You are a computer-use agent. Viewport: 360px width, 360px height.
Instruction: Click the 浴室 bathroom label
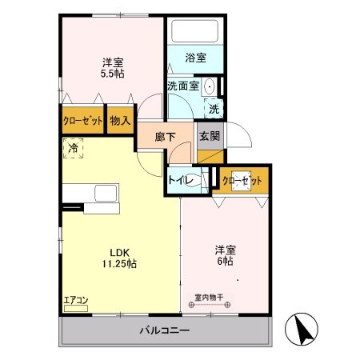[196, 58]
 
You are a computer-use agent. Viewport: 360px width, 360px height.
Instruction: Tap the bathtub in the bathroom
[196, 32]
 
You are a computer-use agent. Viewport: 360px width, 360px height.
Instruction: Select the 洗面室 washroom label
[183, 86]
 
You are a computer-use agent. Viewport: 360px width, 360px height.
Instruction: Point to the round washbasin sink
[210, 86]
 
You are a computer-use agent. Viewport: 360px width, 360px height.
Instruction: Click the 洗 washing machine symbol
[214, 108]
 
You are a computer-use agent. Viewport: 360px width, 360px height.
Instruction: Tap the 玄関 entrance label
[210, 136]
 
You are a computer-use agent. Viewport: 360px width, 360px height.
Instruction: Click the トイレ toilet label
[178, 181]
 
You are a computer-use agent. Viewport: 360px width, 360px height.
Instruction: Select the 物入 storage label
[121, 121]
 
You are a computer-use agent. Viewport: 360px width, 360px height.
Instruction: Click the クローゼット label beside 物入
[82, 121]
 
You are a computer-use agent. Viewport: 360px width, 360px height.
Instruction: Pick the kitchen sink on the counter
[106, 194]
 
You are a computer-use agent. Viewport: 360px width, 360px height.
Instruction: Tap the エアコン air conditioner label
[77, 300]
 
